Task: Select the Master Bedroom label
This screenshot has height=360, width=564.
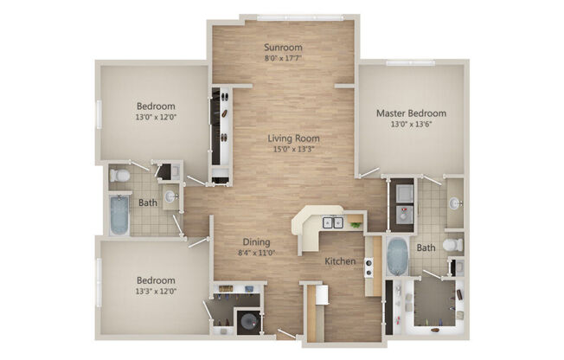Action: coord(411,113)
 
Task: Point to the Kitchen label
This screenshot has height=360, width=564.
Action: coord(341,260)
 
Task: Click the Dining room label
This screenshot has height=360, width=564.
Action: coord(256,242)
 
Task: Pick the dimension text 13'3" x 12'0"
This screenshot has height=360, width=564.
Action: coord(156,292)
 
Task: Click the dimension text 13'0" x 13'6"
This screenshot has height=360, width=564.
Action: coord(411,125)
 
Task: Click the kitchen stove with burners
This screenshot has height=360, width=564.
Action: coord(369,267)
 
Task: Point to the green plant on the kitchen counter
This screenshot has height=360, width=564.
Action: coord(355,225)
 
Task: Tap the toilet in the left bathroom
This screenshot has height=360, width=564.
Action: coord(121,176)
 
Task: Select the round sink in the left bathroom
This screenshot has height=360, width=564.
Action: coord(170,197)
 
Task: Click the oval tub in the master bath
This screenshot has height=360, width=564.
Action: coord(396,256)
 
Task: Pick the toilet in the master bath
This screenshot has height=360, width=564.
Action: coord(452,246)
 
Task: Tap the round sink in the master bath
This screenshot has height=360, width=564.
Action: coord(455,204)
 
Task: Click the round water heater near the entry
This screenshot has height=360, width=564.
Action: coord(247,321)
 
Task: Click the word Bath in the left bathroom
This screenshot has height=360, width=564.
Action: coord(149,202)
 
